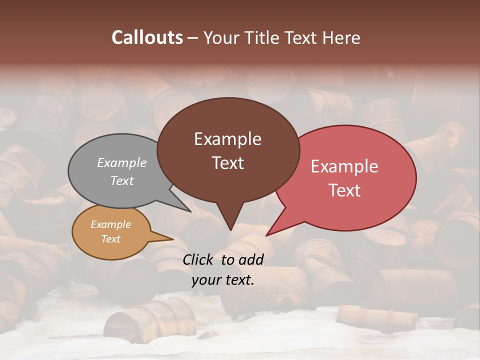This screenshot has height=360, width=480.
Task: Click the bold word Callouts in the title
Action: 147,37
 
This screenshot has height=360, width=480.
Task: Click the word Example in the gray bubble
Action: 122,162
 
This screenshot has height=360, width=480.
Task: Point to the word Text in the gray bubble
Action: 122,180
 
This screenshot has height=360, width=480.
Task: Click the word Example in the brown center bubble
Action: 227,139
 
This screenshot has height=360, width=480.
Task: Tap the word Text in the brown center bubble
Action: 227,163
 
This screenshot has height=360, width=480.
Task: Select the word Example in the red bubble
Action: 344,166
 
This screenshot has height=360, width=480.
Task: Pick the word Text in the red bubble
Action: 344,190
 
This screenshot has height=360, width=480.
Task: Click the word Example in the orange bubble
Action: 110,224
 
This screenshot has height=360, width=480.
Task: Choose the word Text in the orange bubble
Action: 110,239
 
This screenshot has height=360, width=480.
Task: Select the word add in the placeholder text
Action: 251,259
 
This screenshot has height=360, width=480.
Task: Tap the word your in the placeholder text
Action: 205,280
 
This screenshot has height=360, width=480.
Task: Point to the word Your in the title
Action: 220,37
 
